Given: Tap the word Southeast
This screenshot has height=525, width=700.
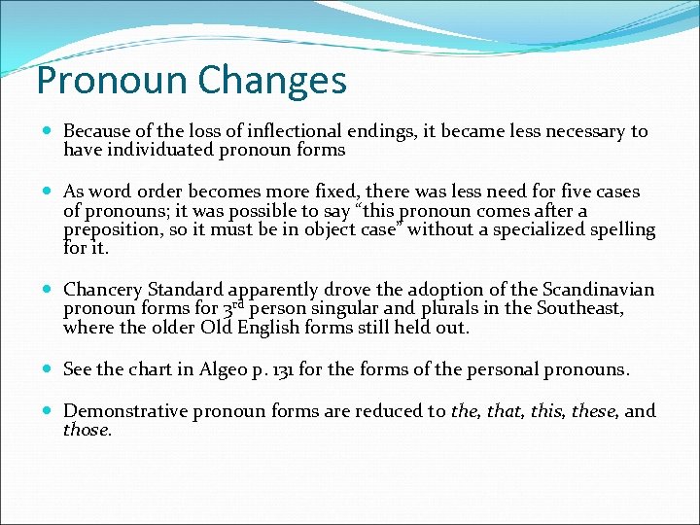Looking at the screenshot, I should [577, 308].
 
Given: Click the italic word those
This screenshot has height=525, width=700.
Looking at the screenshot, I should [87, 430].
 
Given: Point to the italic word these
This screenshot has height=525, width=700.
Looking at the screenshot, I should [593, 411].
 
